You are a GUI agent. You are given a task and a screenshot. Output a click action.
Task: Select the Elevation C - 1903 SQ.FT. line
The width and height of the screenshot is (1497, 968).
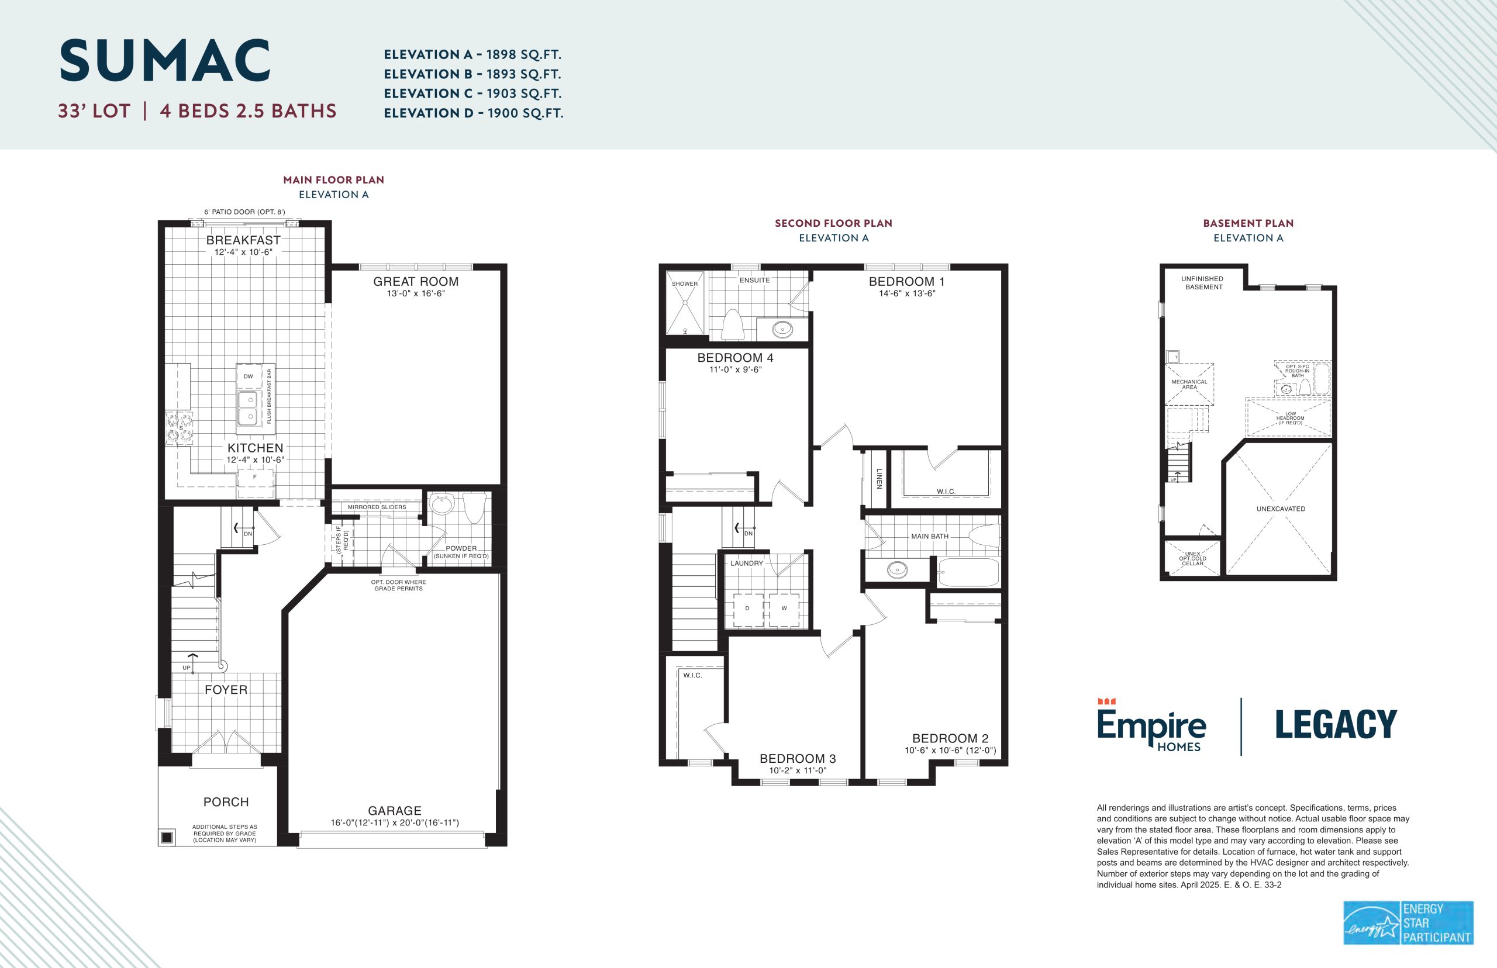(472, 94)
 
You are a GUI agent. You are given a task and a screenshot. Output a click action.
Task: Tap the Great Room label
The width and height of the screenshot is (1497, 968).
(416, 282)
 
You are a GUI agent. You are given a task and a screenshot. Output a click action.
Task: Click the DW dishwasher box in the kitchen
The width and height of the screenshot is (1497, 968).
(249, 376)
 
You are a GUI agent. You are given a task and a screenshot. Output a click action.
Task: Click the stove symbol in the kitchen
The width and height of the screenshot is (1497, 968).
(179, 427)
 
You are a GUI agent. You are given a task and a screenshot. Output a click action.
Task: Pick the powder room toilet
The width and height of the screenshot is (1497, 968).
(475, 507)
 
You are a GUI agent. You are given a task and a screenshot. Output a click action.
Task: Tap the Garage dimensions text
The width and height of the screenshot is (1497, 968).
(395, 823)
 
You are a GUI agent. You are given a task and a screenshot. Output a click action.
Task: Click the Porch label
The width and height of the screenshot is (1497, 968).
(226, 802)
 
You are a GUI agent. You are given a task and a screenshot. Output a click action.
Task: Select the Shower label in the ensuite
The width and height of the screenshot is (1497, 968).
(685, 284)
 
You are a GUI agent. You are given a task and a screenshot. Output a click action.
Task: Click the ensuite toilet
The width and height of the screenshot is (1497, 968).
(733, 323)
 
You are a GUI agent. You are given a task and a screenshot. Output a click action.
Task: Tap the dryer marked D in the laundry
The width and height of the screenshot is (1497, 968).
(747, 608)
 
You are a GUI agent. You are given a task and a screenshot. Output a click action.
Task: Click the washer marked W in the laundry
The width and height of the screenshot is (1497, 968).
(784, 608)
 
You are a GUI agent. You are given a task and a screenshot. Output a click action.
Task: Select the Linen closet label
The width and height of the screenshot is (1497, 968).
(879, 478)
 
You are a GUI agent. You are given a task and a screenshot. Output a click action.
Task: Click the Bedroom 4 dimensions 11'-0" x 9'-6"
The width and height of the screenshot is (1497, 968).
(735, 369)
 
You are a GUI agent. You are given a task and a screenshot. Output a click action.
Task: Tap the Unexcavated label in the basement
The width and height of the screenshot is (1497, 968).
(1281, 509)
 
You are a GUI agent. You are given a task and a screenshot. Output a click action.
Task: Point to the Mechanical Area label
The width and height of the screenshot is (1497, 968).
(1189, 384)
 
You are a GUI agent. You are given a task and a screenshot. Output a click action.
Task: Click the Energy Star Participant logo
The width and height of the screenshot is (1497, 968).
(1408, 923)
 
